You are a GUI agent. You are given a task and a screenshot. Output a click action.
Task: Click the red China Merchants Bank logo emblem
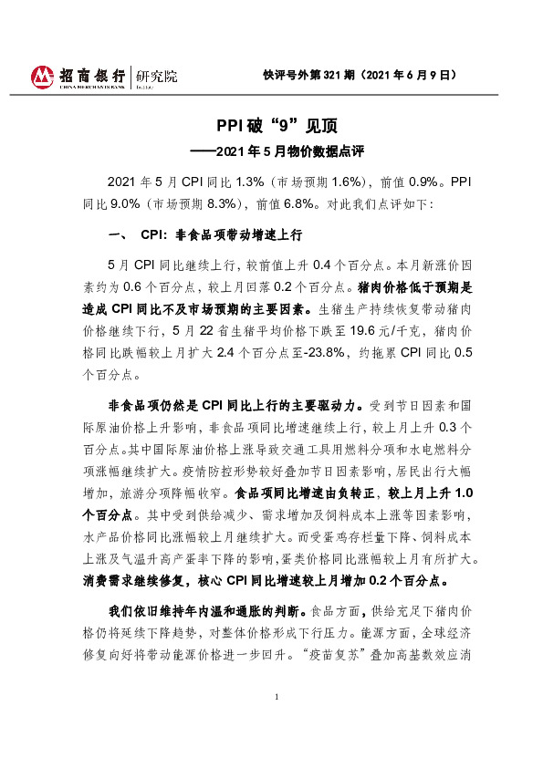click(x=42, y=77)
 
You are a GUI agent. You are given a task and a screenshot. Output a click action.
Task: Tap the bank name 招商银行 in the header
click(x=90, y=74)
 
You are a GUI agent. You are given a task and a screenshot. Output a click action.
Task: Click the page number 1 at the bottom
click(x=275, y=723)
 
